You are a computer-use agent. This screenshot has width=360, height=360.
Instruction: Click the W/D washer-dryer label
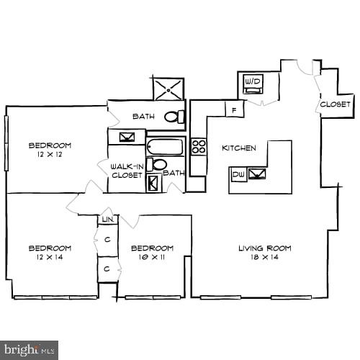coord(252,82)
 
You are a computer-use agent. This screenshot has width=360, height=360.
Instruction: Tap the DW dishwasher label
coord(238,174)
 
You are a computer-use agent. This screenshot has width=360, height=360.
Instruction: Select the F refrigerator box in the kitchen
coord(235,109)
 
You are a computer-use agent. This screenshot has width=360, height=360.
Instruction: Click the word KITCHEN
coord(239,148)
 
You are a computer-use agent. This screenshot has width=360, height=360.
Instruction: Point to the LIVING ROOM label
coord(265,248)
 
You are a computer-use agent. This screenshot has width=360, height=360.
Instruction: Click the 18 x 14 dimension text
coord(265,257)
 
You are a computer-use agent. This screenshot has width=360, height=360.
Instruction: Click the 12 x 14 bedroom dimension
coord(50,257)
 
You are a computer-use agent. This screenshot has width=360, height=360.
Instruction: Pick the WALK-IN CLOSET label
coord(126,170)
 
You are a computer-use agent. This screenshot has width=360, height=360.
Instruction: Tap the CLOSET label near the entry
coord(336,104)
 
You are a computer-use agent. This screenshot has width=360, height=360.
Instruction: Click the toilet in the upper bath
coord(172,116)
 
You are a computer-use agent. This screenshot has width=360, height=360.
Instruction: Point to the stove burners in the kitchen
coord(199,147)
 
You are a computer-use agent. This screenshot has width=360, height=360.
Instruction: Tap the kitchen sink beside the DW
coord(257,174)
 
